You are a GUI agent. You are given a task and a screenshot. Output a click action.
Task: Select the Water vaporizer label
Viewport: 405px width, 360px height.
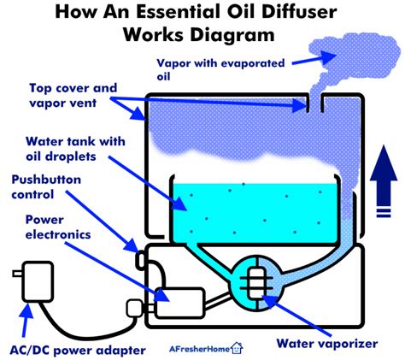(x=327, y=343)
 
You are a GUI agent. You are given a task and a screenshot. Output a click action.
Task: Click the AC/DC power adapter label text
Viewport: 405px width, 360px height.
(x=78, y=351)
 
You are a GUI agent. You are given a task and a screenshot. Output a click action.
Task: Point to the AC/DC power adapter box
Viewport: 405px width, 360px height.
(x=38, y=281)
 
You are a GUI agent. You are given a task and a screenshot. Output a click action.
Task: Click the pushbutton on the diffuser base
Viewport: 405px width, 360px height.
(x=140, y=260)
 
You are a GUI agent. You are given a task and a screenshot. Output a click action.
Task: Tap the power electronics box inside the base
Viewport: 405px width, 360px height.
(x=179, y=303)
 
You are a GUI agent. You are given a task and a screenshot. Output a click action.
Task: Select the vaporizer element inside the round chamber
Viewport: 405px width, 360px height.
(x=256, y=283)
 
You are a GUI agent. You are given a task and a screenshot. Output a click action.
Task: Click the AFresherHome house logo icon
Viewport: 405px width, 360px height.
(x=237, y=348)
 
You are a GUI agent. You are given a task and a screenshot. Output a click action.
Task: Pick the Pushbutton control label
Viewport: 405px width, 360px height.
(x=46, y=187)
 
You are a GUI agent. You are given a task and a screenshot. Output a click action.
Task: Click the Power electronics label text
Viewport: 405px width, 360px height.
(x=58, y=227)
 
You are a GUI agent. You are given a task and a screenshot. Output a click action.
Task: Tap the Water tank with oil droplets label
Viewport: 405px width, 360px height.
(x=75, y=149)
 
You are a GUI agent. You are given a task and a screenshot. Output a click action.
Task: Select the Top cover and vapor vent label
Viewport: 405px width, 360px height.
(x=73, y=95)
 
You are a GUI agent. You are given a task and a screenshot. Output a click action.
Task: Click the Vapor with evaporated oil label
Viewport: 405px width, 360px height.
(x=220, y=69)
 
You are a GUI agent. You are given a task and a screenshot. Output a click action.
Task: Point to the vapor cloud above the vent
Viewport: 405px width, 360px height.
(x=353, y=58)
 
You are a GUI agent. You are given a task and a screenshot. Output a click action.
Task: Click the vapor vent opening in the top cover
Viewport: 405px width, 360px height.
(x=314, y=103)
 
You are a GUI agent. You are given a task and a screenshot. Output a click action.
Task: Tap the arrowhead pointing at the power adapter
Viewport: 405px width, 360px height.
(x=27, y=310)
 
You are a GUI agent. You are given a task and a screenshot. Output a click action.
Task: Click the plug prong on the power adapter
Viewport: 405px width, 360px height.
(x=18, y=274)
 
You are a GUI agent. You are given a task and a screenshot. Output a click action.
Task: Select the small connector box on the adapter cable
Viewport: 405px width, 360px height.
(x=134, y=308)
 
